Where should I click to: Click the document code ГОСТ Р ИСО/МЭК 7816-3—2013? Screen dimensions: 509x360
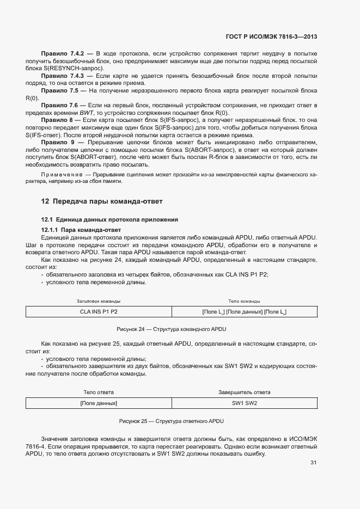pos(271,37)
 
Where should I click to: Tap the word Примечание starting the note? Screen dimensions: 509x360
pos(57,175)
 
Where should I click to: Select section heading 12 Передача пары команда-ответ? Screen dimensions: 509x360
pos(101,201)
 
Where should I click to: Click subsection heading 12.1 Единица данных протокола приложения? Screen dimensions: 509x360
pos(110,219)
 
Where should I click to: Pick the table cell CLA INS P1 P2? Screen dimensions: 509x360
pos(99,312)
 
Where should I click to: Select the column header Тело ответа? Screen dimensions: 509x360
pos(99,392)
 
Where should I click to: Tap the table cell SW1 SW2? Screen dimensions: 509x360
pos(245,403)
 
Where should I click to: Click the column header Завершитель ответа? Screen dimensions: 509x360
pos(245,392)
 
